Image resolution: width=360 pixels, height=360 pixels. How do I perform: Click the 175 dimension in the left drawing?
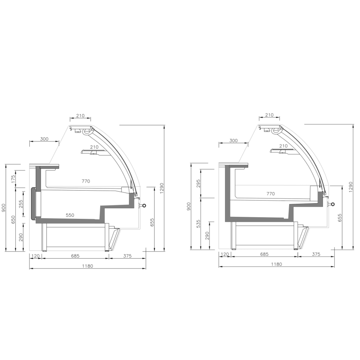[x=13, y=179]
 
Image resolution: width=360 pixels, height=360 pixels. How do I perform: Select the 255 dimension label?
[x=21, y=204]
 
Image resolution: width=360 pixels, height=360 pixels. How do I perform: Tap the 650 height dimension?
[x=13, y=220]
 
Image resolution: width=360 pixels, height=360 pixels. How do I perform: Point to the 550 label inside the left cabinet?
[x=70, y=215]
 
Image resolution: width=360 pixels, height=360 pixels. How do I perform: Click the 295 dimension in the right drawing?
[x=198, y=183]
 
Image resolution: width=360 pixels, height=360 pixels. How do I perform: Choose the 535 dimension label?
[x=198, y=224]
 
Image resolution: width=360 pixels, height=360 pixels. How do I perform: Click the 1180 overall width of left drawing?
[x=88, y=266]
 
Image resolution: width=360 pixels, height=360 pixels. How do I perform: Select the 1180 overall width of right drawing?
[x=277, y=264]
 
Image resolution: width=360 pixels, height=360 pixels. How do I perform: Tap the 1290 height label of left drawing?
[x=162, y=188]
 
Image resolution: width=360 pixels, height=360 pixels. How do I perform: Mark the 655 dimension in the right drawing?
[x=340, y=218]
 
